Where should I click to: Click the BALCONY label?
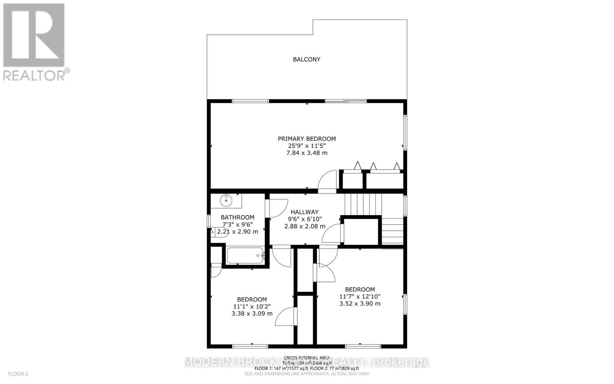[307, 60]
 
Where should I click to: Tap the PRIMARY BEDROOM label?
[307, 139]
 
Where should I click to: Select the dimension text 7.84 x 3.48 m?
[307, 153]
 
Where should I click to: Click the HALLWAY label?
[304, 212]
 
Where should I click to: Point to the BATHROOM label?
[238, 217]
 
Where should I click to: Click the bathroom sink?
[226, 200]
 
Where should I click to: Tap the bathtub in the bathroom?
[245, 255]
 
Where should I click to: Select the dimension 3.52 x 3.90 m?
[360, 303]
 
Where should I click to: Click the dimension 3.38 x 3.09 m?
[252, 313]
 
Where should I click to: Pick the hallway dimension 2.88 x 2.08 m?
[304, 226]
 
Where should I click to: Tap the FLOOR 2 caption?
[18, 374]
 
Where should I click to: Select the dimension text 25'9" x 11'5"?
[307, 146]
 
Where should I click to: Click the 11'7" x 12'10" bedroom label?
[360, 296]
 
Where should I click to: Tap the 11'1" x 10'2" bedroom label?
[252, 306]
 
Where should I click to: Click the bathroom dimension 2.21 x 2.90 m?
[238, 232]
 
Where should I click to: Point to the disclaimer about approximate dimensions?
[307, 374]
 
